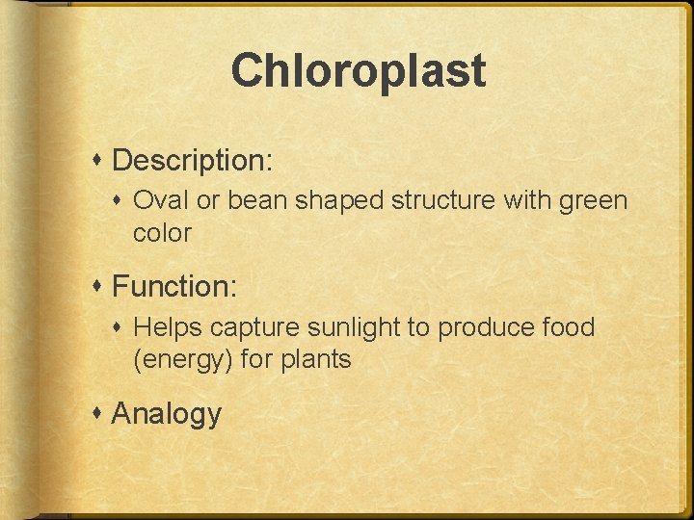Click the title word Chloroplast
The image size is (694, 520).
(359, 71)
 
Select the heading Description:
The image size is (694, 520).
(193, 160)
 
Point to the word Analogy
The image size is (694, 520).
(167, 414)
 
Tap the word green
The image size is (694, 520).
(591, 201)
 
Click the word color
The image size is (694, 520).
(163, 233)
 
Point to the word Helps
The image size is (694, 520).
(168, 328)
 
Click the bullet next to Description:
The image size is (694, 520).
(99, 160)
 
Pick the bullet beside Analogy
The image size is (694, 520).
(99, 414)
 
